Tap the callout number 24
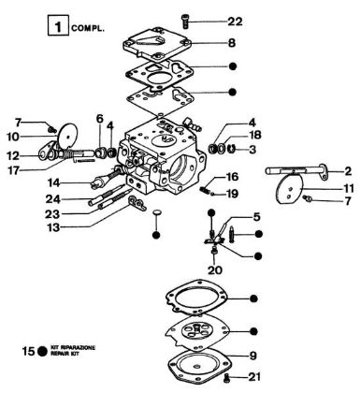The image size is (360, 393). pos(55,198)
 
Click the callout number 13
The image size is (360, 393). pos(55,227)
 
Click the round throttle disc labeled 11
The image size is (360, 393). pos(289,202)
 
